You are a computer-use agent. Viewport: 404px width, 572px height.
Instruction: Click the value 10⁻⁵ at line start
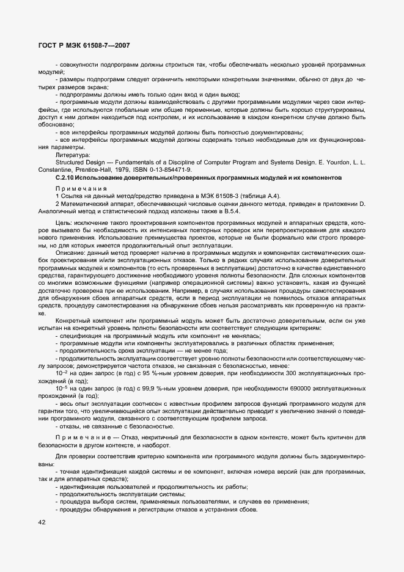point(62,387)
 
